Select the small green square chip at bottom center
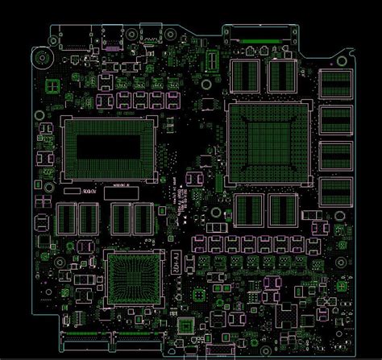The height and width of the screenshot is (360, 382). point(186,325)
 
